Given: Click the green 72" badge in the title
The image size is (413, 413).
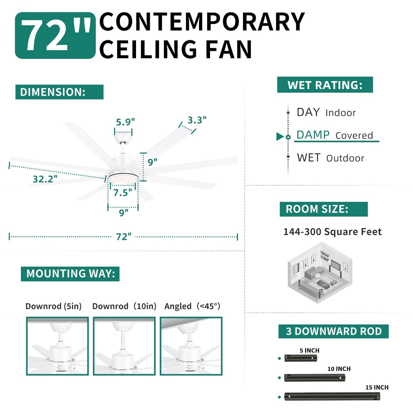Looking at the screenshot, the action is click(x=55, y=35).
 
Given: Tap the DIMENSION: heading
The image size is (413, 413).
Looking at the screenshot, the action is click(x=59, y=92).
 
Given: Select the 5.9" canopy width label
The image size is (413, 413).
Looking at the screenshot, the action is click(x=125, y=122).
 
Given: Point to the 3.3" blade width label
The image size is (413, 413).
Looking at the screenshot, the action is click(x=197, y=120).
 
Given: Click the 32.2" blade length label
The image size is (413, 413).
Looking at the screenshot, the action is click(x=45, y=179).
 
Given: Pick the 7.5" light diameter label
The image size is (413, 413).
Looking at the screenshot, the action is click(x=123, y=192).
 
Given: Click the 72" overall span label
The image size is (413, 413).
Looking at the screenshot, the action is click(x=124, y=237).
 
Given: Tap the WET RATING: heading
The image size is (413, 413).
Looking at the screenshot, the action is click(x=325, y=85).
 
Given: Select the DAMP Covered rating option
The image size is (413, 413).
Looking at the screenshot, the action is click(x=335, y=135).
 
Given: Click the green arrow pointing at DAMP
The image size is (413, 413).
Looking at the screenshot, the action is click(x=280, y=136).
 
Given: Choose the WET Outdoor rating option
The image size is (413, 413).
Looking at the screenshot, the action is click(x=330, y=158).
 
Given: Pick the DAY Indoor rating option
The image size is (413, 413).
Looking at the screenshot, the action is click(x=326, y=112).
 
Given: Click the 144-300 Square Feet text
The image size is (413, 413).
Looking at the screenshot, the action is click(x=333, y=232).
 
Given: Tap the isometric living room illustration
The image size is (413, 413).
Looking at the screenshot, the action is click(x=320, y=273).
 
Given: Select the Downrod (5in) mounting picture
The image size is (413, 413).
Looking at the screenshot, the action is click(x=57, y=346).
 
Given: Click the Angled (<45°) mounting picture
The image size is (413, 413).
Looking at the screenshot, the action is click(x=191, y=346).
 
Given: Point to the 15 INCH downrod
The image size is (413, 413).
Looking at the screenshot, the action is click(x=332, y=396).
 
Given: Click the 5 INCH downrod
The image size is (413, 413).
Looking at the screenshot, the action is click(x=301, y=358).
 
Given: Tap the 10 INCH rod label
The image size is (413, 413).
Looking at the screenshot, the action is click(x=339, y=369).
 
